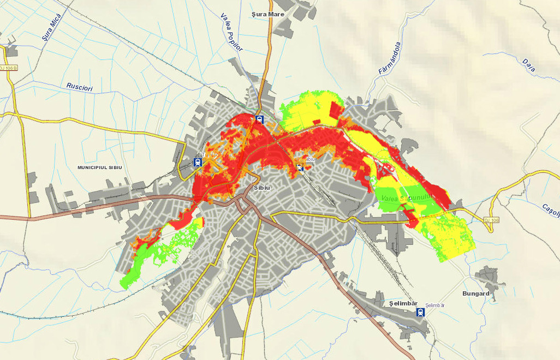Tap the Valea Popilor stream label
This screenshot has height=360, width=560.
pyautogui.click(x=231, y=32)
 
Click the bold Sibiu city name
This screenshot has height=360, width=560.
pyautogui.click(x=263, y=188)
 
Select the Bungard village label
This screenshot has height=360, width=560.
pyautogui.click(x=476, y=293)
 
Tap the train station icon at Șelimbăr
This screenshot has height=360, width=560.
pyautogui.click(x=420, y=312)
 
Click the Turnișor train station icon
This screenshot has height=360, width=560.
pyautogui.click(x=196, y=162)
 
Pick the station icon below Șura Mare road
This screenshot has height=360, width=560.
pyautogui.click(x=260, y=119)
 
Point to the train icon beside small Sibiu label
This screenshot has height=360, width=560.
pyautogui.click(x=300, y=167)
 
